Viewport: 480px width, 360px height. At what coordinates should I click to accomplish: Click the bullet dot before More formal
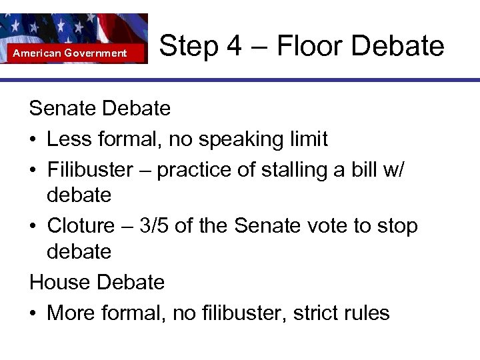coord(34,313)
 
